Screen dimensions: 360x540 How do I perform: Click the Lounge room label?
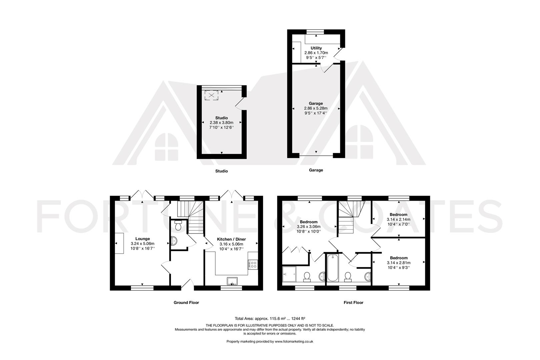coord(143,239)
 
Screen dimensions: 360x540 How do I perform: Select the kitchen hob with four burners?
coord(253,265)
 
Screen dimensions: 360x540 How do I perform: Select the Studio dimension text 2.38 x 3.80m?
coord(221,123)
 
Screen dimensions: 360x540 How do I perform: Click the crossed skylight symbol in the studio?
coord(211,95)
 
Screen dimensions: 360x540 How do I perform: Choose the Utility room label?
coord(316,48)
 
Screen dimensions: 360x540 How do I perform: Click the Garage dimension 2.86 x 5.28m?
coord(316,108)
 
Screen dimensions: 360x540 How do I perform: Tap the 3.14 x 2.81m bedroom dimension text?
coord(399,263)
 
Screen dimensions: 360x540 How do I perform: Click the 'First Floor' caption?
coord(353,303)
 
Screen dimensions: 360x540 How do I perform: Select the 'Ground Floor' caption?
coord(186,303)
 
